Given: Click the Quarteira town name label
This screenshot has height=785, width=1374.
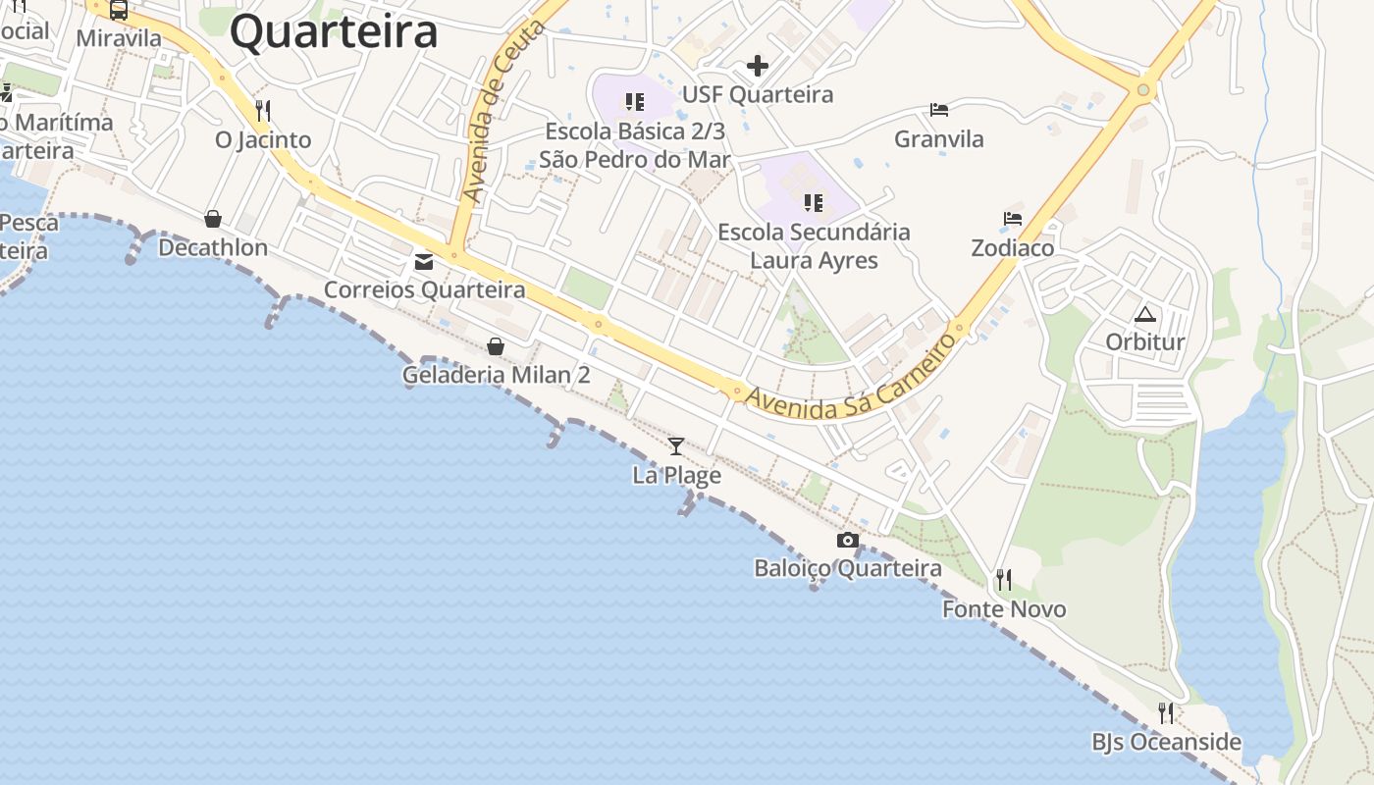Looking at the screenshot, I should point(334,31).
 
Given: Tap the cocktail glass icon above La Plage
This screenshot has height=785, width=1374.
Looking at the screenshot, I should point(676,446).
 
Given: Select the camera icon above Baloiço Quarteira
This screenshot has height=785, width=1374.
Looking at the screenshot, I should point(848,540).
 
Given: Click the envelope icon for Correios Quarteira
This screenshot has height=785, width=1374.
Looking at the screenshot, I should point(424,262).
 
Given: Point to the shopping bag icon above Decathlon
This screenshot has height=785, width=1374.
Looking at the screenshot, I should point(213,218).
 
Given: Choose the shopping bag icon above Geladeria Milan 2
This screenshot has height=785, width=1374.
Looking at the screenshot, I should point(496,346).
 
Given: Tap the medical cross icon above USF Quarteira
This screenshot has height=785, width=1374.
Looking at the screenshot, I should point(758,66).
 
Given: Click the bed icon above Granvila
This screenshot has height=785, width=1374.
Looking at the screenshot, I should point(939,110).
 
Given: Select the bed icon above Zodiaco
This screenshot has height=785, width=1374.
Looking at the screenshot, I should point(1013,219).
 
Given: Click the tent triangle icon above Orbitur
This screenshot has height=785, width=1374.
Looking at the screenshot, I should point(1145,315).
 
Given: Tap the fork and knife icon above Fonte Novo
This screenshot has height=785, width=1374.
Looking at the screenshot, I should point(1003,580).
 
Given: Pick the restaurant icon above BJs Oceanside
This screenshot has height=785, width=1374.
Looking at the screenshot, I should point(1166,712).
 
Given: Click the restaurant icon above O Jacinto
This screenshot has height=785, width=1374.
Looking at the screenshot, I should point(262,110).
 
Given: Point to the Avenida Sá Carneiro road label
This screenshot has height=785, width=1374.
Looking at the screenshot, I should point(850,381).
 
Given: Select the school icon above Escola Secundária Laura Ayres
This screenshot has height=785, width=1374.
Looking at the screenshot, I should point(813,203).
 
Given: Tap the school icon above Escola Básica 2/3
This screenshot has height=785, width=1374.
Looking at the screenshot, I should point(635,102).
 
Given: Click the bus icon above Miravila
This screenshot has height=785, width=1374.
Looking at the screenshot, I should point(119,11).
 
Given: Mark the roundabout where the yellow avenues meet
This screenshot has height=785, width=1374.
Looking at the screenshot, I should point(1142,91).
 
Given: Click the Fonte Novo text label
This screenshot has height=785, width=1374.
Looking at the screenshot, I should point(1004,609).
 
